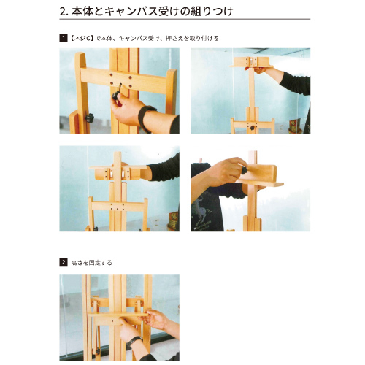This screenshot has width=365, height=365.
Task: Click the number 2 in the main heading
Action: pyautogui.click(x=63, y=12)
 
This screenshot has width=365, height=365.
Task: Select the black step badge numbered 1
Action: pyautogui.click(x=64, y=38)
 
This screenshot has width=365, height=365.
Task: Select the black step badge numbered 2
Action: pyautogui.click(x=64, y=263)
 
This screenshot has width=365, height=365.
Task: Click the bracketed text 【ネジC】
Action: pyautogui.click(x=82, y=38)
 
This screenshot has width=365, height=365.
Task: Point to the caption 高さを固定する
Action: pyautogui.click(x=91, y=263)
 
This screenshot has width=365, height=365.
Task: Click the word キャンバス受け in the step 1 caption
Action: pyautogui.click(x=139, y=38)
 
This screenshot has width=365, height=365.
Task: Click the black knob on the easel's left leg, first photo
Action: pyautogui.click(x=90, y=118)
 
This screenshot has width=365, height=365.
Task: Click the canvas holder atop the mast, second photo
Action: pyautogui.click(x=251, y=62)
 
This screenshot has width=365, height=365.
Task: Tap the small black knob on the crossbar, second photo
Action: pyautogui.click(x=252, y=128)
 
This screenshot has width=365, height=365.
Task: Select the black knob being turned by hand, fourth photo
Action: pyautogui.click(x=244, y=169)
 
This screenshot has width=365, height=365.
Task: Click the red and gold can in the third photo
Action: pyautogui.click(x=174, y=221)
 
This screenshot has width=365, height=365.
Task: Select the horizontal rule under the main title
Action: pyautogui.click(x=185, y=19)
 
